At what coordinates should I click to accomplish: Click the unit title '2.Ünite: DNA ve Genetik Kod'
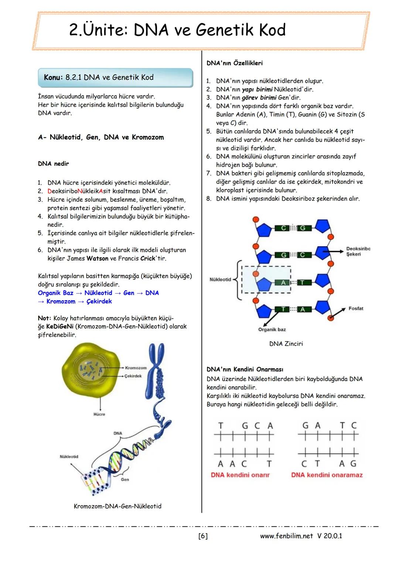pos(177,30)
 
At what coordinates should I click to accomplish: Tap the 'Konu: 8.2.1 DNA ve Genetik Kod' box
pos(115,78)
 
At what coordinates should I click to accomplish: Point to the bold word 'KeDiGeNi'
pos(59,327)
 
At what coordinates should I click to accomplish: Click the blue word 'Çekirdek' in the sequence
pos(99,301)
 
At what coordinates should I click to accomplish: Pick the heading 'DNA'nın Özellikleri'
pos(235,63)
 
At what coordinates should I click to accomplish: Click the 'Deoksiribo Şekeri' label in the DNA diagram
pos(358,252)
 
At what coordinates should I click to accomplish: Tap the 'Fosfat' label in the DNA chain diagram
pos(356,308)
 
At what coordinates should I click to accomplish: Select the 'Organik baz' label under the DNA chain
pos(272,329)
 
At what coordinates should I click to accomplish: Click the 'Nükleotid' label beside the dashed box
pos(220,280)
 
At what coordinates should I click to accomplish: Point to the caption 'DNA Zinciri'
pos(286,344)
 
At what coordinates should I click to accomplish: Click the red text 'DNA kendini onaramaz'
pos(327,475)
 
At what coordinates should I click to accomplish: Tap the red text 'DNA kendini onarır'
pos(240,475)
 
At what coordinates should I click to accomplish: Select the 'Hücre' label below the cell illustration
pos(99,414)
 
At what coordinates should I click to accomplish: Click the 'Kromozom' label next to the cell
pos(136,368)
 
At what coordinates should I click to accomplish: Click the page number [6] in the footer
pos(203,536)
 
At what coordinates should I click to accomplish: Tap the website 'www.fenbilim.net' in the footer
pos(286,536)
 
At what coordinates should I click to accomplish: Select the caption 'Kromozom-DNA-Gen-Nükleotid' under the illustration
pos(117,506)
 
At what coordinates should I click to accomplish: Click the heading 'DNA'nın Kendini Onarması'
pos(245,369)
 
